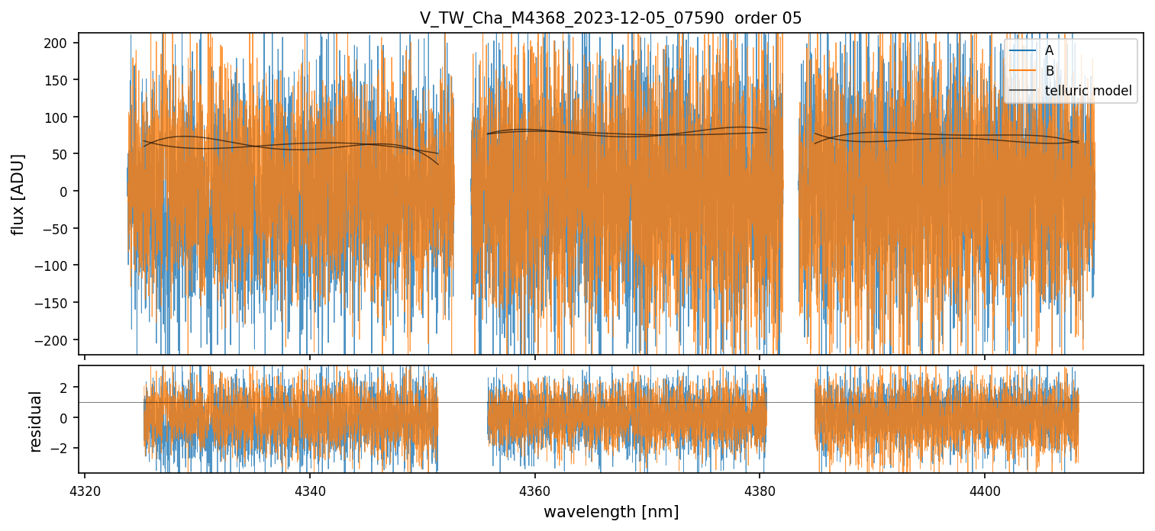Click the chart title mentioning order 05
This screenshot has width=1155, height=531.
coord(610,18)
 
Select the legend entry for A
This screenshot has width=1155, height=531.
coord(1049,50)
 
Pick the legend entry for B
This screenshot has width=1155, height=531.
coord(1049,71)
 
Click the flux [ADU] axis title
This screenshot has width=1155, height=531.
coord(18,194)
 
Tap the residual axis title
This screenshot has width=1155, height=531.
coord(35,421)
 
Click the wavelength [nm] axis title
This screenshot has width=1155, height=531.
coord(611,511)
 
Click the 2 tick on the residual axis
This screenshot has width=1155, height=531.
coord(66,388)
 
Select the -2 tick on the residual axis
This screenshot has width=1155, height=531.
coord(63,448)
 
